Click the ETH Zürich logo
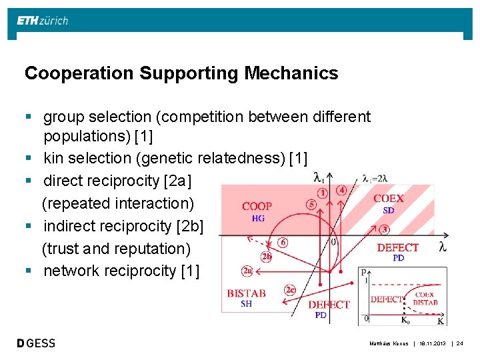click(x=43, y=21)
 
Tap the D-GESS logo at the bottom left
click(x=36, y=343)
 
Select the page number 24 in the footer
click(x=460, y=343)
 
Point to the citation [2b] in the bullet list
click(x=189, y=226)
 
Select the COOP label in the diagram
click(x=256, y=207)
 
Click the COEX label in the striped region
click(x=388, y=199)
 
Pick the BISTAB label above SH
click(x=246, y=293)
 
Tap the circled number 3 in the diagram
click(x=385, y=229)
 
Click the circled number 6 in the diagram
click(x=283, y=243)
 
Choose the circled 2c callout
click(x=289, y=290)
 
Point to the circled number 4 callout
click(x=341, y=189)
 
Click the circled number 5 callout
click(x=311, y=205)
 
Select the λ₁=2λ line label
click(x=375, y=178)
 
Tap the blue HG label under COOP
click(x=258, y=218)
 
